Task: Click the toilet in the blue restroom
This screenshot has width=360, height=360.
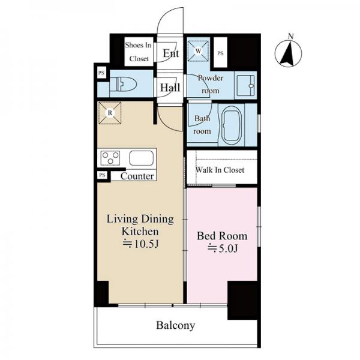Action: (x=123, y=84)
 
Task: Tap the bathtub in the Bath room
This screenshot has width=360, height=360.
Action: (x=232, y=125)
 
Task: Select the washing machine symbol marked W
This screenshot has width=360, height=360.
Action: (x=198, y=51)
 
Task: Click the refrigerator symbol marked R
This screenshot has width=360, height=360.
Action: (x=110, y=113)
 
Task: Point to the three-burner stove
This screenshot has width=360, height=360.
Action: (x=110, y=158)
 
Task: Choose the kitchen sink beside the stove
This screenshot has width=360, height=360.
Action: (x=141, y=158)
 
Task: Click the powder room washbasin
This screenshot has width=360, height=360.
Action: (x=245, y=85)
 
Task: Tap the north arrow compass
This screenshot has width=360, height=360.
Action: (x=289, y=53)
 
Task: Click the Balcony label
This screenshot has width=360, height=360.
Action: (x=176, y=325)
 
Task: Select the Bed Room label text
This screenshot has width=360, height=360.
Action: (x=222, y=236)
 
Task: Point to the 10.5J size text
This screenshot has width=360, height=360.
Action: (x=140, y=244)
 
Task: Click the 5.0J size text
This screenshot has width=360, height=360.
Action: (x=223, y=248)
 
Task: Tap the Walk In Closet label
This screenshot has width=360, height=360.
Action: (x=220, y=170)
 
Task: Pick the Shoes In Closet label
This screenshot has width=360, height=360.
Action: (x=139, y=52)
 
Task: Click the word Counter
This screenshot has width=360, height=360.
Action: (x=137, y=176)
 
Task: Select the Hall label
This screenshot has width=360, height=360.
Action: (x=170, y=88)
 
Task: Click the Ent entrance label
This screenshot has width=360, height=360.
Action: (x=171, y=53)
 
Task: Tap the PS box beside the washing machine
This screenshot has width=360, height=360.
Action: (x=220, y=53)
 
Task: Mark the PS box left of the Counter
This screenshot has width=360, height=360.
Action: (x=102, y=175)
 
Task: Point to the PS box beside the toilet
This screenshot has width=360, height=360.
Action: (x=101, y=73)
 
